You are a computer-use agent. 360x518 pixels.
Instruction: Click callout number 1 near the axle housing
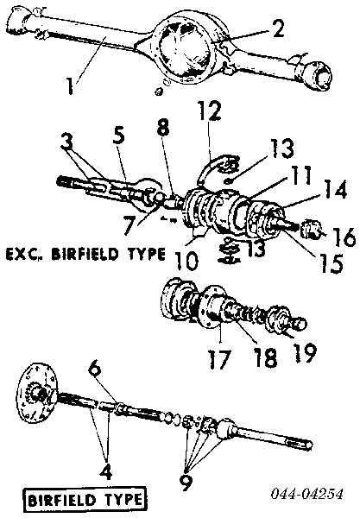point(70,85)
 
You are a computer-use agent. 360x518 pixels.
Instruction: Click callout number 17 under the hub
point(220,359)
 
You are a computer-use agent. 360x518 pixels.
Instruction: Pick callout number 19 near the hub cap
point(305,353)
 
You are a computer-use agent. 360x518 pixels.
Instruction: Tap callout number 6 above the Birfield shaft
point(95,370)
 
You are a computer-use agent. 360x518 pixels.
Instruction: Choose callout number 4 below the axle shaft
point(106,472)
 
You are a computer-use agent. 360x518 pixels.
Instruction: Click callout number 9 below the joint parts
point(186,483)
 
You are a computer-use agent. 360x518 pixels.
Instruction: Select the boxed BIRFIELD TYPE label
point(85,499)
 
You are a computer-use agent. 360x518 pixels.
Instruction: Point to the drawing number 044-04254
point(307,494)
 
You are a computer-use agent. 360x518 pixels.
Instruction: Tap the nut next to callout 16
point(311,229)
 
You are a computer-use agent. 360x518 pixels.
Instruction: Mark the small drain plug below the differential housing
point(159,92)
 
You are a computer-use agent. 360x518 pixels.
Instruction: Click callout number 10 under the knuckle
point(186,260)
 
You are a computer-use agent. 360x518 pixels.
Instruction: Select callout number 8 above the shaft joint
point(163,127)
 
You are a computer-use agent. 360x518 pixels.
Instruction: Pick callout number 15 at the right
point(331,263)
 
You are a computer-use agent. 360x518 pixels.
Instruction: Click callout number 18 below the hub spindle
point(266,357)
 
